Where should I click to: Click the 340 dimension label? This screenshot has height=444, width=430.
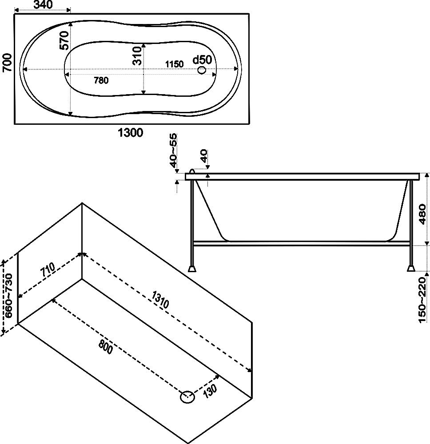(43, 5)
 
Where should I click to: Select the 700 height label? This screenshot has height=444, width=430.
(6, 68)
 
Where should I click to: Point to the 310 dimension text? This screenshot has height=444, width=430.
(137, 55)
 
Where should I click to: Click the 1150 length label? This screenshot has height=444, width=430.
(174, 64)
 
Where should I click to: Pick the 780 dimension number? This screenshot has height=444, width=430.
(101, 80)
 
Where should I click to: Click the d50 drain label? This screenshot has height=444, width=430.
(203, 59)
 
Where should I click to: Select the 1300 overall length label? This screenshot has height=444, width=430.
(130, 132)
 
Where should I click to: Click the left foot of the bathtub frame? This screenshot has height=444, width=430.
(192, 268)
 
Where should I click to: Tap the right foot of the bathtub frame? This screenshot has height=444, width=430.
(411, 268)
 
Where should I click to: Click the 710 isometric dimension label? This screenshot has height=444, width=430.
(47, 271)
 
